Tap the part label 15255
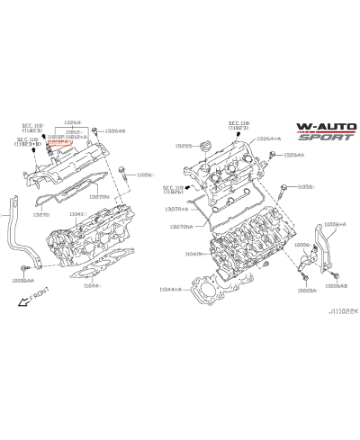pos(184,145)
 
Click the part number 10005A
pos(307,291)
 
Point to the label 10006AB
pos(337,285)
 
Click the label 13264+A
pos(268,139)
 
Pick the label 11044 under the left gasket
pos(92,284)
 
